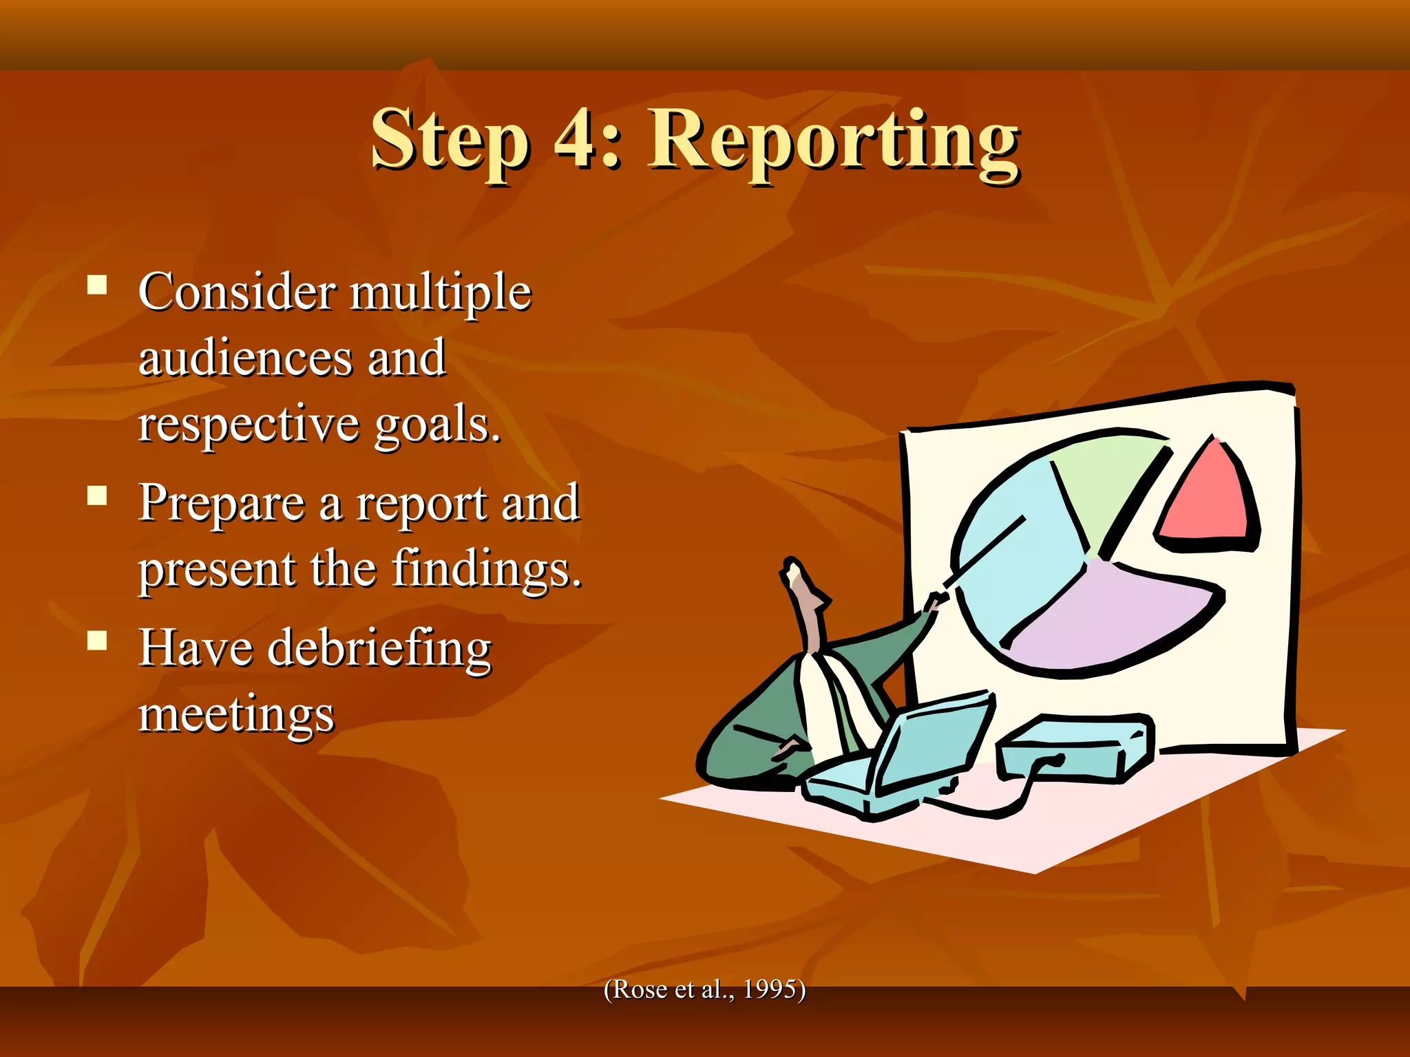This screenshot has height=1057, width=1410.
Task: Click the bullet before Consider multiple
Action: [x=97, y=286]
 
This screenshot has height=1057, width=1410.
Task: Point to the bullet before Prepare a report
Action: [x=97, y=496]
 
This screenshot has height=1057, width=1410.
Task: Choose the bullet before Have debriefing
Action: [x=97, y=641]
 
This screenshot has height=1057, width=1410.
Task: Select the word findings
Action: [x=486, y=570]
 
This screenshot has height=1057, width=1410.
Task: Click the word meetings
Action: [x=236, y=716]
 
